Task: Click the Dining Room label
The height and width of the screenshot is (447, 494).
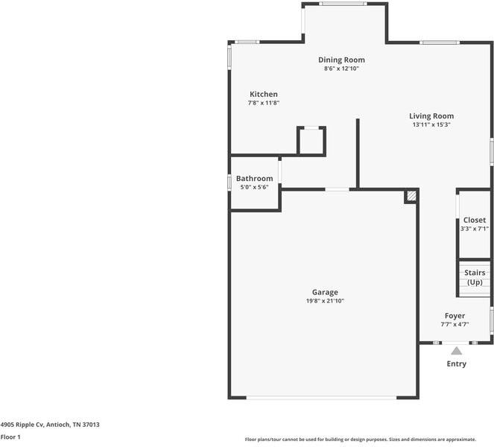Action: pos(341,60)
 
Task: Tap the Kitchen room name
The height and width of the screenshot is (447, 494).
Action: pos(263,95)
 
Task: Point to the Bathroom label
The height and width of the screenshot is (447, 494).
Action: pos(254,179)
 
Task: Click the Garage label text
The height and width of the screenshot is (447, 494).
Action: pos(324,292)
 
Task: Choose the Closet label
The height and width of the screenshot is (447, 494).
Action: pos(474,221)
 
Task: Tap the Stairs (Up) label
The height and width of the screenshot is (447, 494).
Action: pos(474,277)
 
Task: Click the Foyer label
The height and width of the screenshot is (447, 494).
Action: pos(455,316)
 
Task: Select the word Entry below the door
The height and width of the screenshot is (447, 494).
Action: pos(456,364)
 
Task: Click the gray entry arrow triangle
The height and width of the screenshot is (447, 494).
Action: pos(456,349)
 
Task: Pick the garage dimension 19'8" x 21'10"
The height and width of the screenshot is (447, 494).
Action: pos(324,301)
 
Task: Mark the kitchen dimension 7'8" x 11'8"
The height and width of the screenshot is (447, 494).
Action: pos(263,103)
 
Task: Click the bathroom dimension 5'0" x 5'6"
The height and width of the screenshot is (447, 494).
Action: pos(254,187)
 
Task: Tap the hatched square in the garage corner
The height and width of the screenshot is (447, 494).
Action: pos(411,197)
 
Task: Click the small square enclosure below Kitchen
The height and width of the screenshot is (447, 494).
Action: pos(311,141)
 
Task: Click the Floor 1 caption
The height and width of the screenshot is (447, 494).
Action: pos(10,437)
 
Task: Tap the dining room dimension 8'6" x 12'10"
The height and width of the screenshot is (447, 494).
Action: pos(341,69)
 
